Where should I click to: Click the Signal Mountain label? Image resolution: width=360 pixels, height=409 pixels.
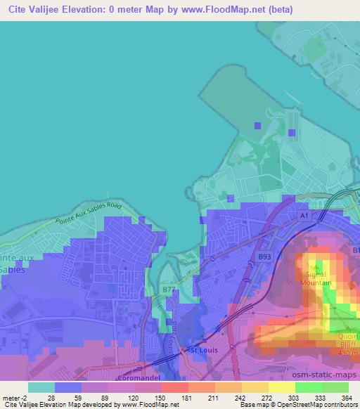tap(316, 278)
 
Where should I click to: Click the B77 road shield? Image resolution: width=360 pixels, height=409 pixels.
tap(169, 289)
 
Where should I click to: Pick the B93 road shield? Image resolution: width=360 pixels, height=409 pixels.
tap(264, 257)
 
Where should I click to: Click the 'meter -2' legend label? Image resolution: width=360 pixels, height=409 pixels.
tap(15, 397)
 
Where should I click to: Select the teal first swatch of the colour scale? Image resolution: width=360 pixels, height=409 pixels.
tap(41, 387)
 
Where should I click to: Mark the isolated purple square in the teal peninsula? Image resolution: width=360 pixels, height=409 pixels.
tap(257, 126)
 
